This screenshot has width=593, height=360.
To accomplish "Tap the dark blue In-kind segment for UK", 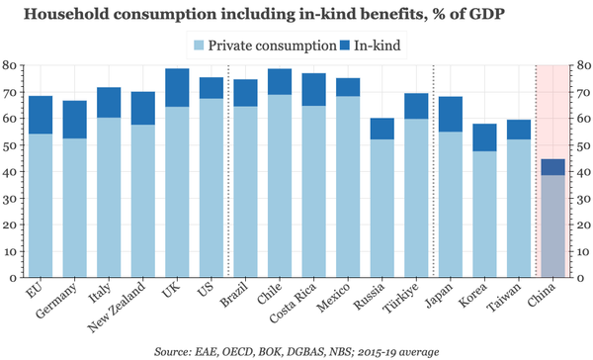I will [x=177, y=88].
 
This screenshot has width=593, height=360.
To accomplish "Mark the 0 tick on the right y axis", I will [x=582, y=279].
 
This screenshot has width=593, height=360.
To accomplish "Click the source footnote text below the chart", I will [x=296, y=349].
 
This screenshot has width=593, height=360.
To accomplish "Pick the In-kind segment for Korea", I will [x=484, y=137].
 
